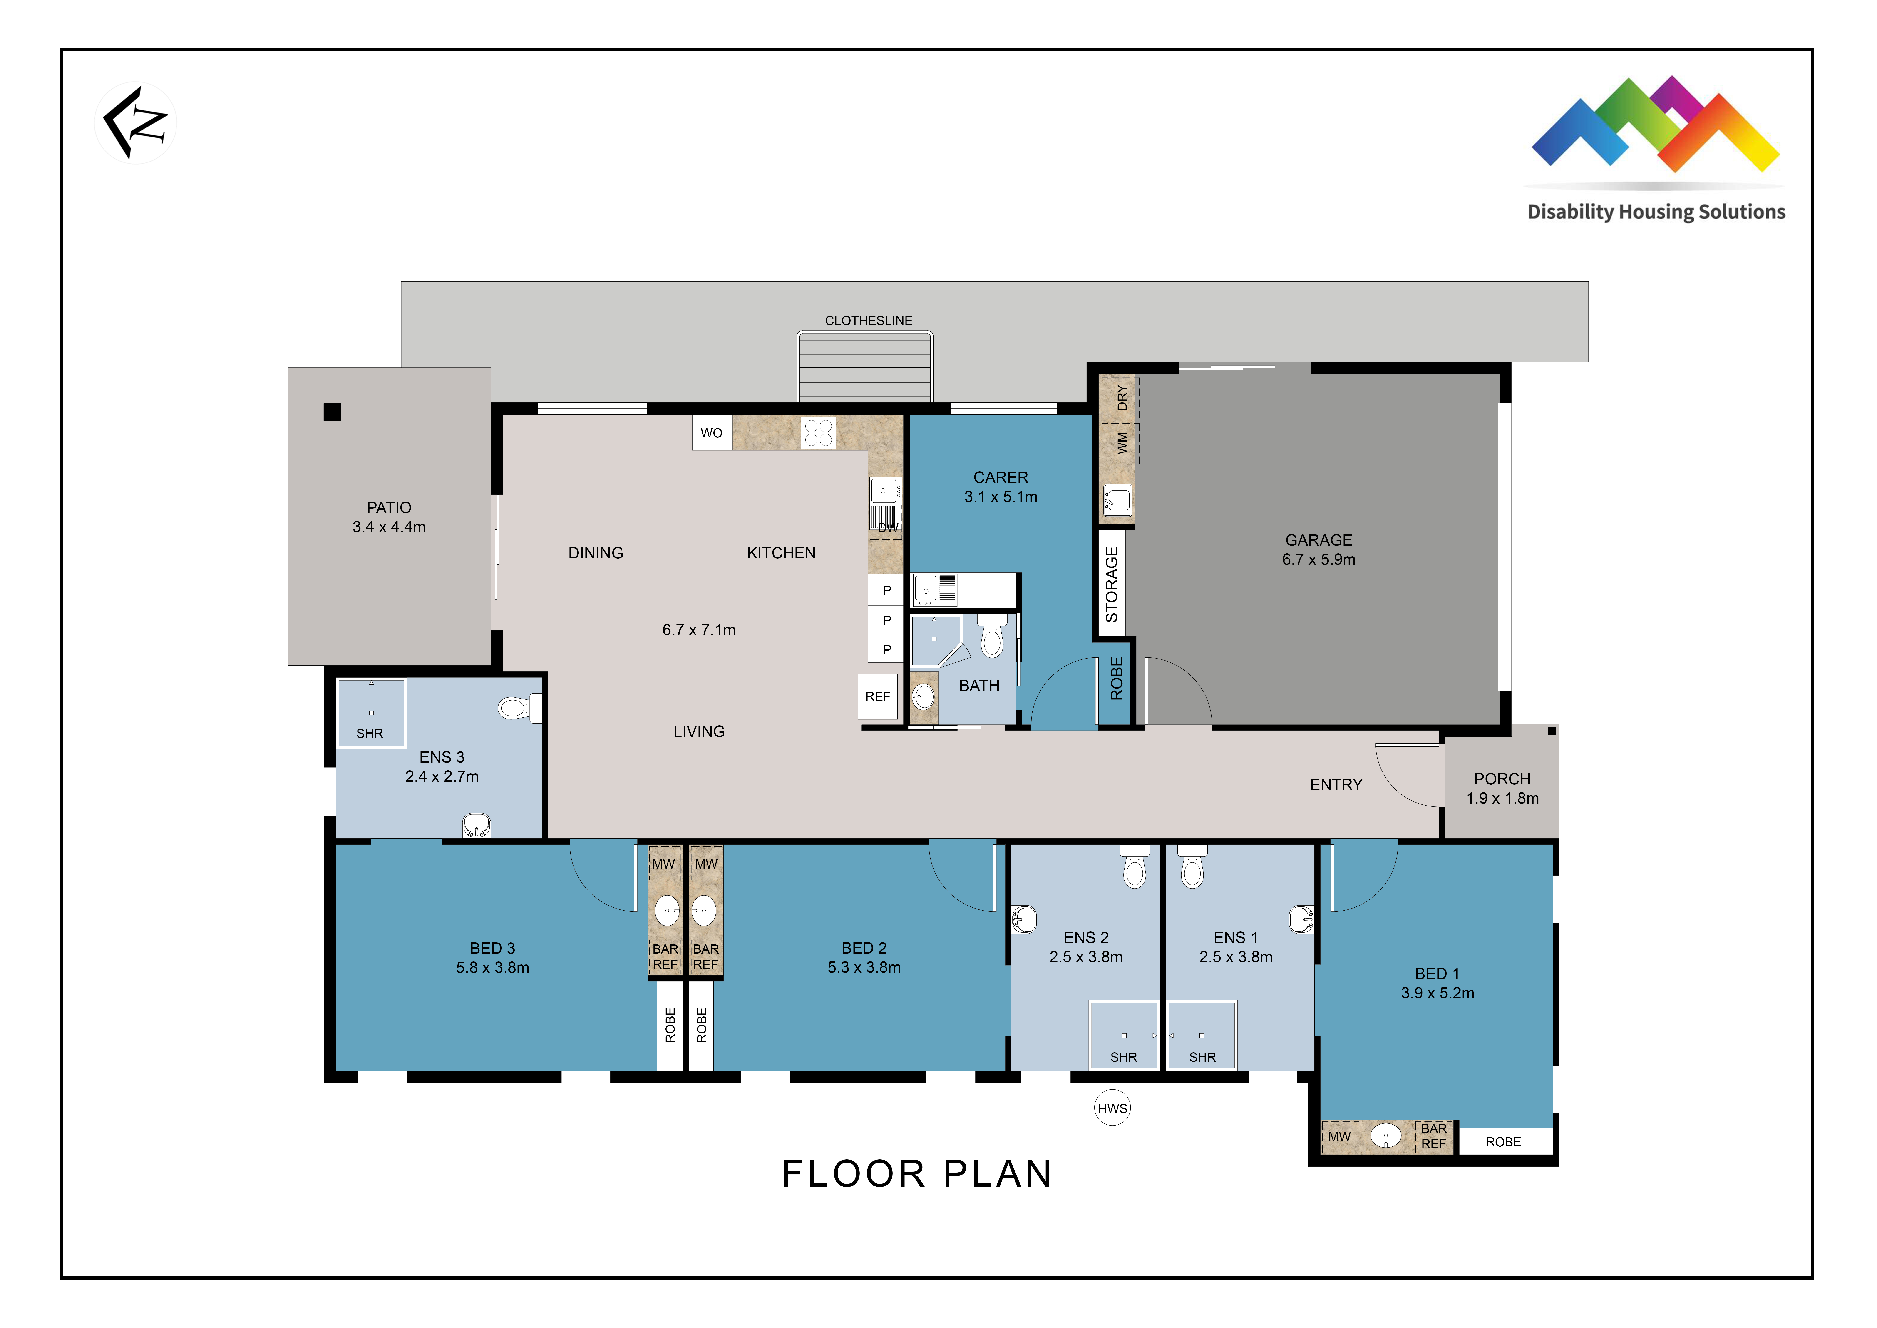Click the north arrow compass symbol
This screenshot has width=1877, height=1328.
tap(136, 123)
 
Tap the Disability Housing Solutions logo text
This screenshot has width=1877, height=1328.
tap(1656, 212)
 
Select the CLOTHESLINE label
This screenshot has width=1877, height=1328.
tap(868, 321)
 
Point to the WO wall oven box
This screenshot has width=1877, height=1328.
tap(711, 433)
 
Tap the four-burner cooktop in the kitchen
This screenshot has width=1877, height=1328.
tap(818, 433)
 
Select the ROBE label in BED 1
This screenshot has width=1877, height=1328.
tap(1503, 1142)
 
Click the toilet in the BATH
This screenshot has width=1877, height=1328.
tap(992, 636)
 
